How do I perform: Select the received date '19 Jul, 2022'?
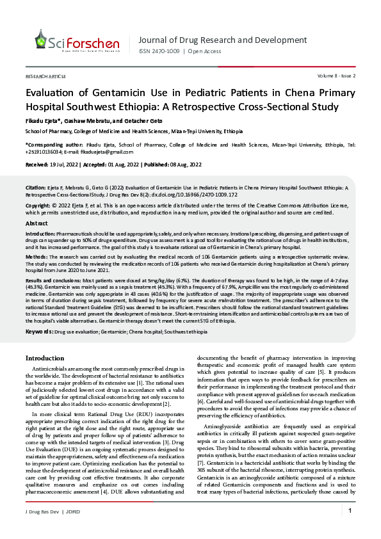(65, 165)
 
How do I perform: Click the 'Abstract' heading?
(36, 223)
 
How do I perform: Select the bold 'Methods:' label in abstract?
(36, 256)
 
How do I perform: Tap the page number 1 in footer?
(350, 528)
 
